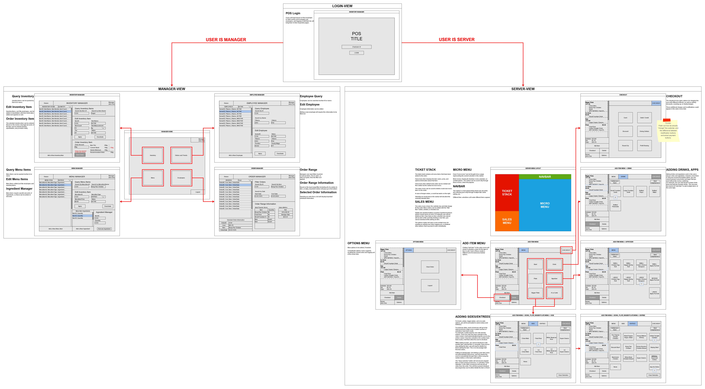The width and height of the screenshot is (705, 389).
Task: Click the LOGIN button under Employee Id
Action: coord(356,53)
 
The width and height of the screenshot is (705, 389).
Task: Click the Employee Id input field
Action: coord(356,47)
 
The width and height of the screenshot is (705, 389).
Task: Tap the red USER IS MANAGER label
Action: coord(226,40)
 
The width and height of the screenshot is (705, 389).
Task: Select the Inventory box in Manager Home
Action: coord(153,155)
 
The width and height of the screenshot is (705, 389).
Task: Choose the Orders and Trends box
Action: coord(181,155)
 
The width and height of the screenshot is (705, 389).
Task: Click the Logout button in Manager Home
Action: coord(198,192)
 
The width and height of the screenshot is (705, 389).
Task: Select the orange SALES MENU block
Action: coord(507,221)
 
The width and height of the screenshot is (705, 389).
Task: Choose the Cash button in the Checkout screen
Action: coord(625,118)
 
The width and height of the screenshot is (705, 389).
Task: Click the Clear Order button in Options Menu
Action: coord(430,267)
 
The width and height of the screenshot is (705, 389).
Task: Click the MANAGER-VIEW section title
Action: coord(172,89)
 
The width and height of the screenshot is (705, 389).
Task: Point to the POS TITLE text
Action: coord(356,36)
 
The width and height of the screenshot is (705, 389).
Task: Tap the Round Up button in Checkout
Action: coord(625,146)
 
